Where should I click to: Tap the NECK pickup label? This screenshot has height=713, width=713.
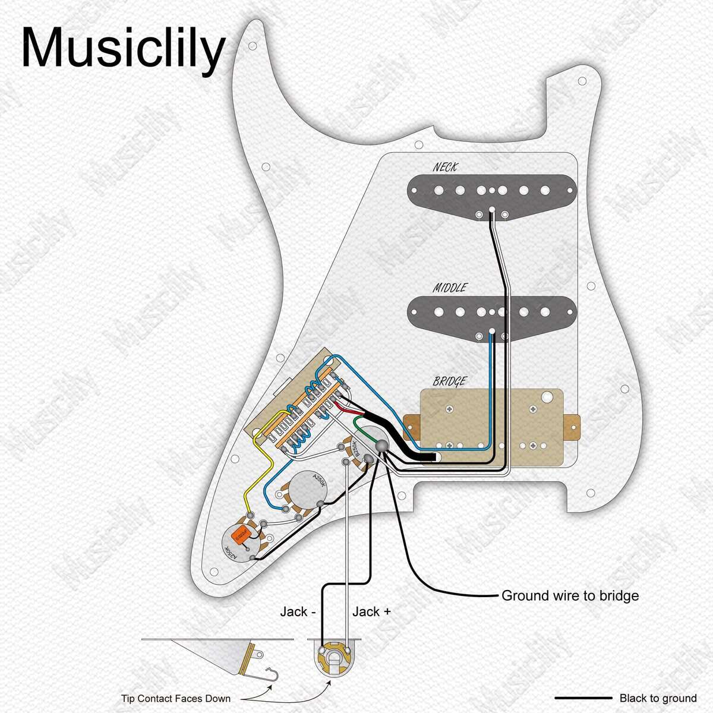pyautogui.click(x=446, y=168)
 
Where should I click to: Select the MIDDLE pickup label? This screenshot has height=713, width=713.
pyautogui.click(x=450, y=288)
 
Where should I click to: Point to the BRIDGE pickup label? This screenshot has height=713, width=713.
pyautogui.click(x=450, y=381)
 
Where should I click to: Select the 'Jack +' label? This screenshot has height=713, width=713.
pyautogui.click(x=371, y=611)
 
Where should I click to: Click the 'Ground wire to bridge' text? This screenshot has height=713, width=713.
pyautogui.click(x=570, y=595)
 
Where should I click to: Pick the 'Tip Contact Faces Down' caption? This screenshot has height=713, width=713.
pyautogui.click(x=176, y=698)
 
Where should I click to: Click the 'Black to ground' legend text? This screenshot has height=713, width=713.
pyautogui.click(x=658, y=698)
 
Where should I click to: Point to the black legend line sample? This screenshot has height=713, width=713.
pyautogui.click(x=583, y=698)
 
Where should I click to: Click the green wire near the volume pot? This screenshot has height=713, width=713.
pyautogui.click(x=358, y=423)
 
